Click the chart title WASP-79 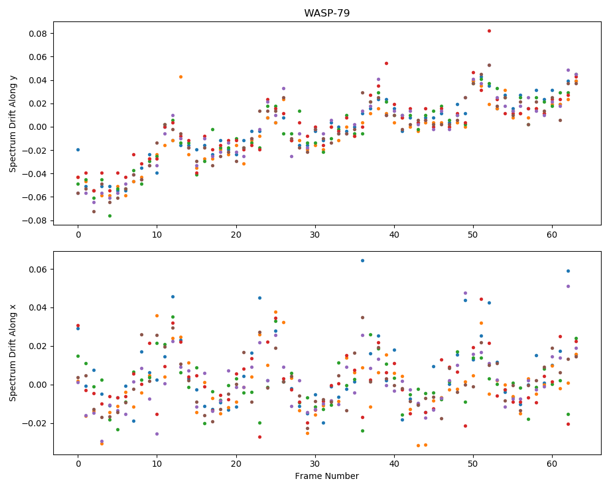(x=327, y=13)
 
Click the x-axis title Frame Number (x=327, y=476)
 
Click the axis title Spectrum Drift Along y (x=13, y=124)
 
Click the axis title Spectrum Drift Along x (x=13, y=353)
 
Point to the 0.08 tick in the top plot (x=38, y=34)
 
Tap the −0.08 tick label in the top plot (x=34, y=221)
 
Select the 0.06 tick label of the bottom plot (x=38, y=269)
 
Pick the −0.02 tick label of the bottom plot (x=34, y=424)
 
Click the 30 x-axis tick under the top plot (x=315, y=235)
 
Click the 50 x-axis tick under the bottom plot (x=473, y=464)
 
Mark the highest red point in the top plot (x=489, y=31)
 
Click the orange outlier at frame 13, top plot (x=181, y=77)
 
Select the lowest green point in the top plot (x=110, y=216)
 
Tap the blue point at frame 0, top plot (x=78, y=149)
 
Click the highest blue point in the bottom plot (x=362, y=261)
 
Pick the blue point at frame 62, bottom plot (x=569, y=271)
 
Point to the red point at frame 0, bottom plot (x=78, y=325)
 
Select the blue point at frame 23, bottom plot (x=259, y=298)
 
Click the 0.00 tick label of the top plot (x=38, y=127)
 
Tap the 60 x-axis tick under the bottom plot (x=552, y=464)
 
